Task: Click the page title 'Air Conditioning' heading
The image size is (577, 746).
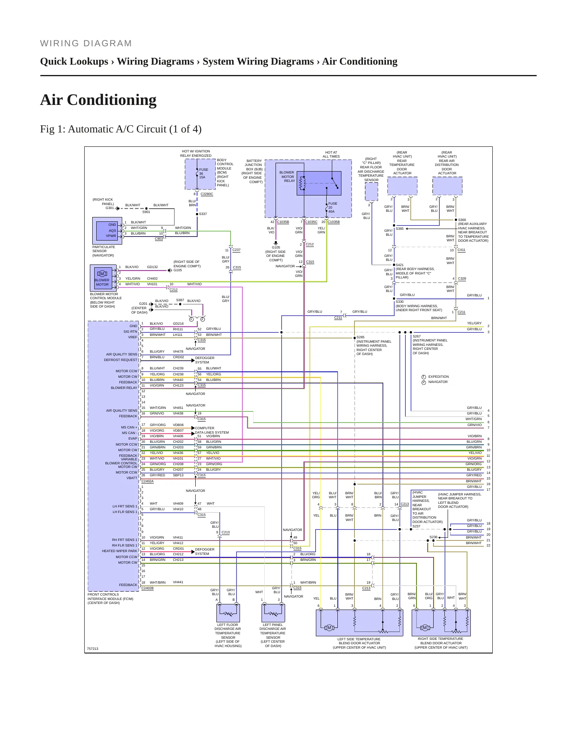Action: point(98,100)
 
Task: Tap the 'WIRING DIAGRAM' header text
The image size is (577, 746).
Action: point(86,43)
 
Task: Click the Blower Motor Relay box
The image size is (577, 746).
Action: point(319,183)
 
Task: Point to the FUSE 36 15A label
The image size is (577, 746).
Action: point(203,173)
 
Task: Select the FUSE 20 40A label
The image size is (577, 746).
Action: point(332,207)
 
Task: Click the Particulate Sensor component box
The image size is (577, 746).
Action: point(107,231)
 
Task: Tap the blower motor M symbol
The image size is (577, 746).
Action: point(102,274)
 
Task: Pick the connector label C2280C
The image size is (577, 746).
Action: point(206,194)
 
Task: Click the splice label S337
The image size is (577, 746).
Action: point(203,214)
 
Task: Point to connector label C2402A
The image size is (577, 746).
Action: point(147,481)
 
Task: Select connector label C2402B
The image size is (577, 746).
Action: point(147,588)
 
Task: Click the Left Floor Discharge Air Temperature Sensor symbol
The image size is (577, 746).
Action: point(228,613)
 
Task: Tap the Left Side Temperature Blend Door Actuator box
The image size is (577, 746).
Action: point(359,623)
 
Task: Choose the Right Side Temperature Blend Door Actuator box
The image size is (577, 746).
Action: point(441,623)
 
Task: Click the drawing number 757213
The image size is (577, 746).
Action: point(92,649)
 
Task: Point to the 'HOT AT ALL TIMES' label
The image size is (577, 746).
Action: point(331,154)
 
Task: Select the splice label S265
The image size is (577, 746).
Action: point(360,337)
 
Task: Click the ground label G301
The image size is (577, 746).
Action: point(109,208)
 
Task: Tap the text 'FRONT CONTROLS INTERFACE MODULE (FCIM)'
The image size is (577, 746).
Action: point(111,596)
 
